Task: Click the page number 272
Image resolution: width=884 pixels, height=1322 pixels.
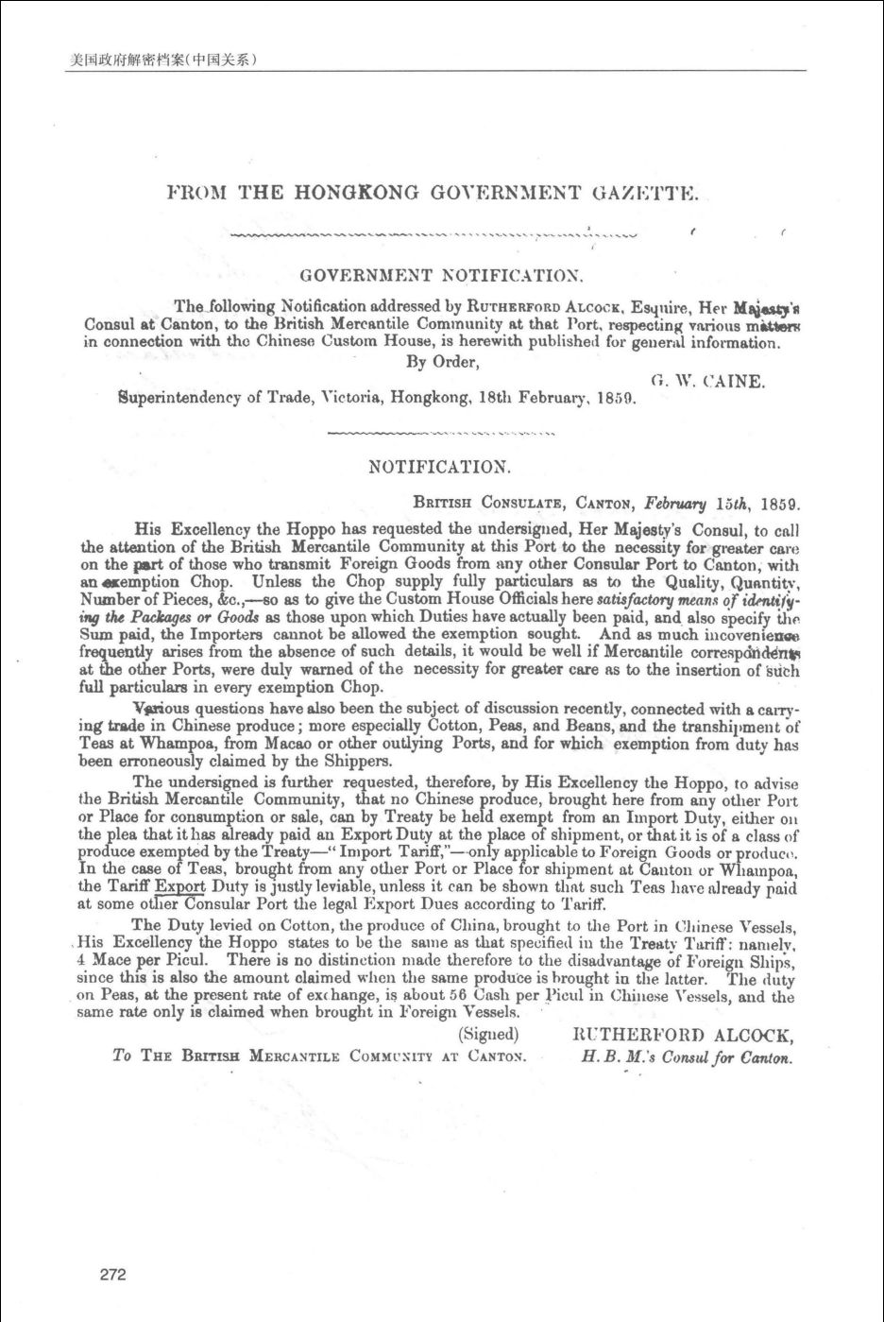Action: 112,1275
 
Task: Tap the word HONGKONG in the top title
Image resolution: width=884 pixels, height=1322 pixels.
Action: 356,194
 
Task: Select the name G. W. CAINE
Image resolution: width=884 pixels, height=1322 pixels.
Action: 707,383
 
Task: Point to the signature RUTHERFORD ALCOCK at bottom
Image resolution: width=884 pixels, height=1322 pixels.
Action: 683,1036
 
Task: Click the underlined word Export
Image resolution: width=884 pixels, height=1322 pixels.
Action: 179,886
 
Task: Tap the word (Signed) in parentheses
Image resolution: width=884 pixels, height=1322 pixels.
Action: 488,1034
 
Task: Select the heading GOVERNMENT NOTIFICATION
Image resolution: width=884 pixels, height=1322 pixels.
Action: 441,276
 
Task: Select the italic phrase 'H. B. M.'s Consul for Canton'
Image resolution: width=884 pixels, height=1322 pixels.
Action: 687,1056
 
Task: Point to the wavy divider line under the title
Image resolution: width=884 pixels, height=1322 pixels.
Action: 433,233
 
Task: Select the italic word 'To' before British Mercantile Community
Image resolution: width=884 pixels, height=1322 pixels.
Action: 122,1056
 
